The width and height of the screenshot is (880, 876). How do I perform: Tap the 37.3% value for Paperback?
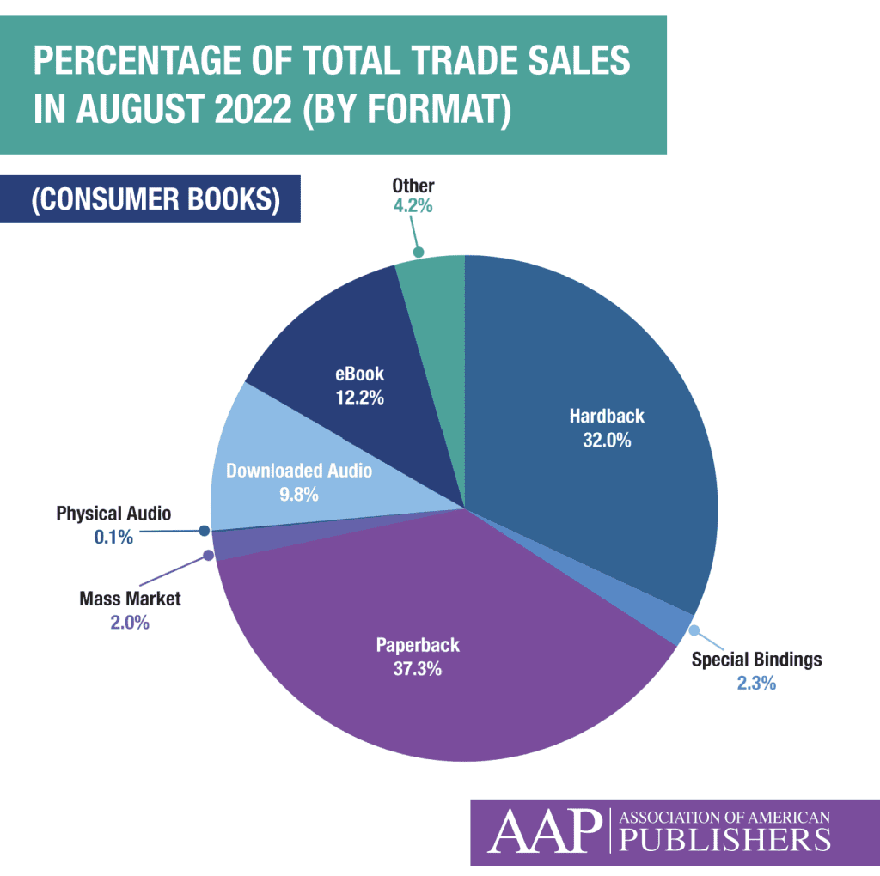pos(418,668)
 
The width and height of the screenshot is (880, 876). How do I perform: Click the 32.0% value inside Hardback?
pos(607,441)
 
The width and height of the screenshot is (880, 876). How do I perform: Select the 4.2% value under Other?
pos(413,208)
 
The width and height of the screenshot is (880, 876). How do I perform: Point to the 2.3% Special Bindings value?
pos(756,684)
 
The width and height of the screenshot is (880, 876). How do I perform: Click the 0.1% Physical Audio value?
pos(113,538)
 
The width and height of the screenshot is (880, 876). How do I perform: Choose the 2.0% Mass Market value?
pos(130,622)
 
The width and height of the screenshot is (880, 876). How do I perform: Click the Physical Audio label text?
pos(113,514)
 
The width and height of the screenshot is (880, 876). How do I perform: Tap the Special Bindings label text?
pos(757,660)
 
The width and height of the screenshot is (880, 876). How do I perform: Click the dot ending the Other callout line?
pos(419,252)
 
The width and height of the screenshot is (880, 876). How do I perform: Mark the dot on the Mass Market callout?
pos(208,556)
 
